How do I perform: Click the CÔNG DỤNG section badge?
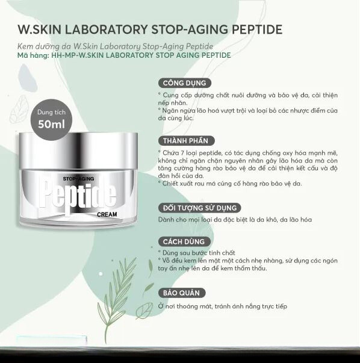tap(184, 83)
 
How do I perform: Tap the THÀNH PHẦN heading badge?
tap(186, 141)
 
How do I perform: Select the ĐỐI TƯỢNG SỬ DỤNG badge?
tap(199, 208)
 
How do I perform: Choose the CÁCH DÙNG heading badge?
tap(184, 241)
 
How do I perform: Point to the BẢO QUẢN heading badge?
tap(182, 293)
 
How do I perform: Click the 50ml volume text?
tap(51, 125)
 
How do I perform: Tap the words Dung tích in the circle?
tap(51, 113)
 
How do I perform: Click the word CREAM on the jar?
tap(107, 214)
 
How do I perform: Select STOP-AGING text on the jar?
tap(78, 179)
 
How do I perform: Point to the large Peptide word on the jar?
tap(78, 197)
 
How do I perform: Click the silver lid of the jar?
tap(78, 150)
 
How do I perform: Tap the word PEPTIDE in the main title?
tap(257, 29)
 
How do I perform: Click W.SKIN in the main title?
tap(39, 29)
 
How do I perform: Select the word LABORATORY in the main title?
tap(107, 29)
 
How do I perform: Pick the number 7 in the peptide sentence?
tap(182, 153)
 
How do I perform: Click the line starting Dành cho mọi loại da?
tap(235, 220)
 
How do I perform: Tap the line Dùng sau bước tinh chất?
tap(197, 253)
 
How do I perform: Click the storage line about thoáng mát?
tap(223, 306)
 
